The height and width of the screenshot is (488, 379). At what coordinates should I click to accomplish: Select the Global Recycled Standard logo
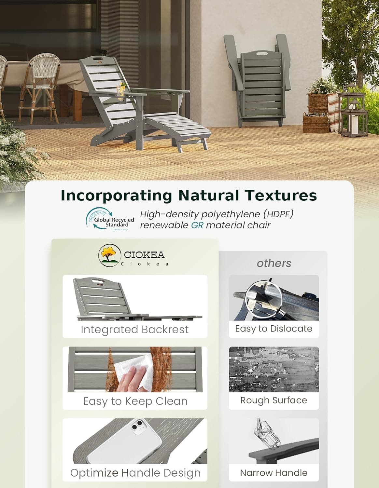click(x=110, y=219)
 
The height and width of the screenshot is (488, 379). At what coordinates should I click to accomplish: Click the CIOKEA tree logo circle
click(x=109, y=255)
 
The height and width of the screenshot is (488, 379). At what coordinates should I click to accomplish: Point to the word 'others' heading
click(x=274, y=263)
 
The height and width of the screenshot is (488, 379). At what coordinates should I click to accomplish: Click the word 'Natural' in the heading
click(x=208, y=196)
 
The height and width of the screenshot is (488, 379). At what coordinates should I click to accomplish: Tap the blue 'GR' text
click(x=197, y=225)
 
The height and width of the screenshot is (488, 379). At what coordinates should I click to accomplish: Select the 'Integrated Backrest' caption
click(x=134, y=330)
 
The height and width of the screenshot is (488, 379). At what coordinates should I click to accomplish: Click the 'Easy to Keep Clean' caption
click(x=135, y=401)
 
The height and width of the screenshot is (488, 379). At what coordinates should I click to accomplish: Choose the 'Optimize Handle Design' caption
click(x=135, y=473)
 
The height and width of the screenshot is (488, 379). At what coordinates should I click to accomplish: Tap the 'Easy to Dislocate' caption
click(x=274, y=329)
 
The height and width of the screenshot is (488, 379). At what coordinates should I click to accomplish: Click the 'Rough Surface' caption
click(x=274, y=400)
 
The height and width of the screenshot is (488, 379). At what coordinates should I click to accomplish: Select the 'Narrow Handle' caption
click(x=274, y=473)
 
